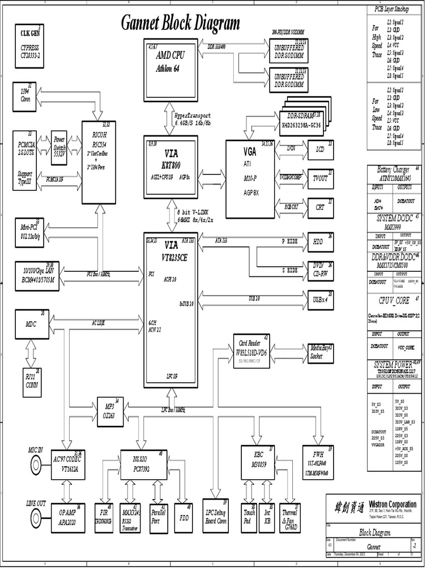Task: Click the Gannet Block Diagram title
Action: coord(180,23)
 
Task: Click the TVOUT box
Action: coord(320,178)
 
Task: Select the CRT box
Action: coord(320,207)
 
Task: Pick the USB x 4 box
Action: coord(320,300)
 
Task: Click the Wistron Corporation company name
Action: coord(392,504)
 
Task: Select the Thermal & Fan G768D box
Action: coord(290,517)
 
